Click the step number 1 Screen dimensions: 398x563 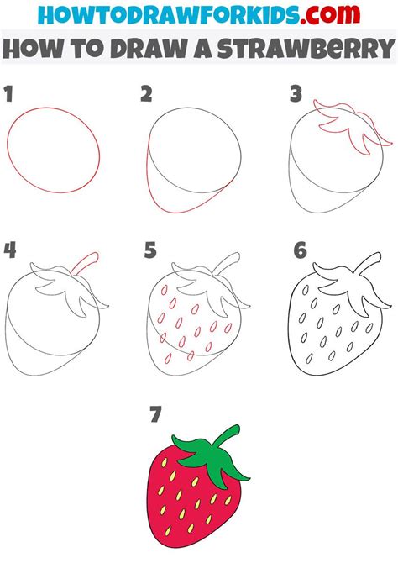[8, 94]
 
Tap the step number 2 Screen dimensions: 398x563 [146, 94]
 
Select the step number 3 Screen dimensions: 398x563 [296, 94]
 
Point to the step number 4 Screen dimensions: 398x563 [10, 250]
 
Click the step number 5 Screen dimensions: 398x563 [150, 250]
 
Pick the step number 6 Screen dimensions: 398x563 [300, 250]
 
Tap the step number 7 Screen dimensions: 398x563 [155, 414]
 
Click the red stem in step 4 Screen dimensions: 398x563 [86, 263]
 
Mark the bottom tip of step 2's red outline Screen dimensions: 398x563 [175, 213]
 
